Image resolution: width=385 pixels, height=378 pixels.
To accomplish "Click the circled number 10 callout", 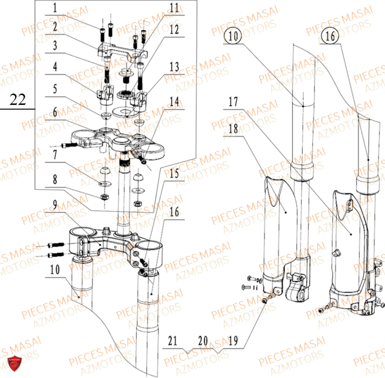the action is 233,36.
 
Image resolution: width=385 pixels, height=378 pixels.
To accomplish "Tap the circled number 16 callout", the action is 330,36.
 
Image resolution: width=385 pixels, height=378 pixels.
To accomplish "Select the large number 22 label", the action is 18,99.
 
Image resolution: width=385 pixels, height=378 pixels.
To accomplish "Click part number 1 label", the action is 55,8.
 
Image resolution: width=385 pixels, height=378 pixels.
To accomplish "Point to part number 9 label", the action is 55,205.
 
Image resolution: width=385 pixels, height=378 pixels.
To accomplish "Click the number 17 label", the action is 233,101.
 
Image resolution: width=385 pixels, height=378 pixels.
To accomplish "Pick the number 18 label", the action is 233,129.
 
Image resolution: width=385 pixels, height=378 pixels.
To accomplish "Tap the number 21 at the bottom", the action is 172,341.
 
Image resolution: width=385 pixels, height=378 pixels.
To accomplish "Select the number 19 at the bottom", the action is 233,341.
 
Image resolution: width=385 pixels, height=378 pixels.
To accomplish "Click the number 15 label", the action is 174,173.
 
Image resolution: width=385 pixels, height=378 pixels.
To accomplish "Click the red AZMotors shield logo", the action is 15,363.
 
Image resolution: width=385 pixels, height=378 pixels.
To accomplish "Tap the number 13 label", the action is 174,67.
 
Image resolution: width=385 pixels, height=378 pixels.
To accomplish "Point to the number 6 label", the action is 55,112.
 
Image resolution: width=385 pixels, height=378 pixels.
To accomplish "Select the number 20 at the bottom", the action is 203,341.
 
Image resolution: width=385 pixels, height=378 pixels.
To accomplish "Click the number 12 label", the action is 174,30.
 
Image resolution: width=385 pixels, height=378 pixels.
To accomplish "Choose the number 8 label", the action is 55,180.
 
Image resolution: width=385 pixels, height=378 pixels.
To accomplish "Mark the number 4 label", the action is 55,67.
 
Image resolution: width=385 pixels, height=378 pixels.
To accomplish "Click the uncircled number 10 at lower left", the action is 55,270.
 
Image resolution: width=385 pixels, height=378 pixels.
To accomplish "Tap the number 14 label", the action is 174,101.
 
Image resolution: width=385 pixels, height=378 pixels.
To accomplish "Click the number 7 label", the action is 55,155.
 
